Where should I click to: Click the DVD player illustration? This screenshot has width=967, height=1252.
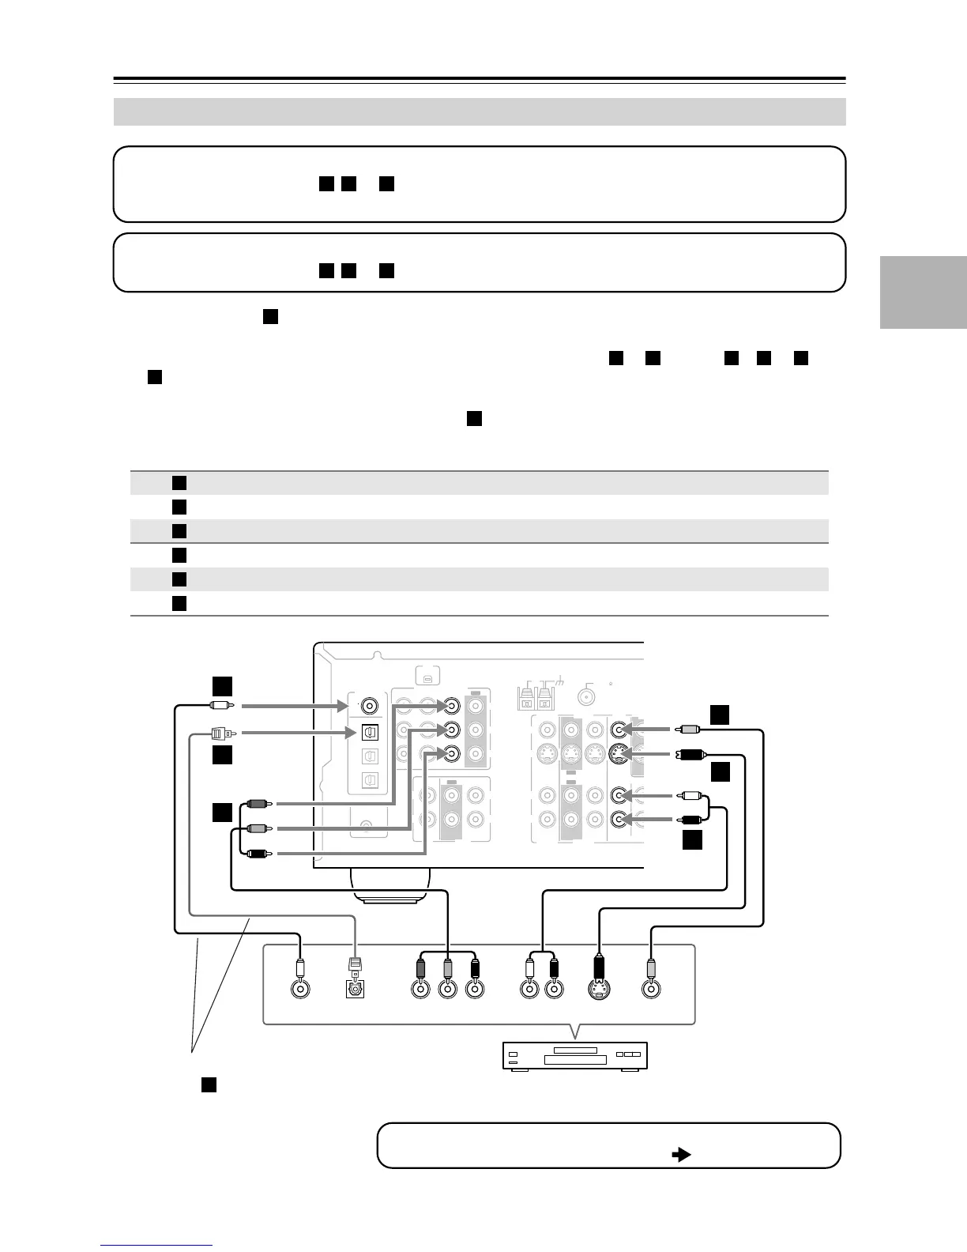[575, 1056]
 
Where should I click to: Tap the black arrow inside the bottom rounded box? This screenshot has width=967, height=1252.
[680, 1154]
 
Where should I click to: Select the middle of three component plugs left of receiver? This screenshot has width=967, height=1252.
[258, 828]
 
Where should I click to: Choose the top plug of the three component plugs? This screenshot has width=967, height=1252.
[258, 804]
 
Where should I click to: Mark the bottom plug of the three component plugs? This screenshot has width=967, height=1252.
[258, 853]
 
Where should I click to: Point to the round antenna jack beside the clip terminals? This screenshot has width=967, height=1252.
[586, 696]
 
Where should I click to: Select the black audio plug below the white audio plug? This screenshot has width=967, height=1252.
[687, 820]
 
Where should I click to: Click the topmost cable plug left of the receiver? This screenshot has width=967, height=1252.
[219, 704]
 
